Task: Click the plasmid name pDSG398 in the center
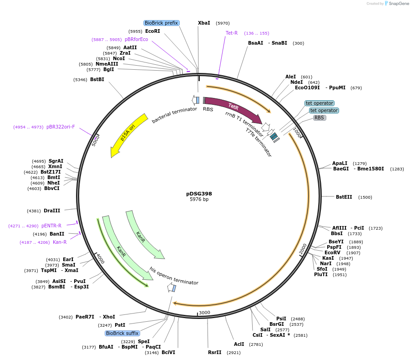coord(199,194)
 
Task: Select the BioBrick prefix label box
coord(161,23)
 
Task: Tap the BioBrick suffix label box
coord(122,333)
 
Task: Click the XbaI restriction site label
coord(204,23)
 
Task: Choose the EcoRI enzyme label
coord(152,31)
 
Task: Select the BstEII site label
coord(344,197)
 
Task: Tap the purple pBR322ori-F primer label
coord(61,127)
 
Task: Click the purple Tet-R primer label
coord(232,33)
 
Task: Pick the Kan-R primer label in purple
coord(60,242)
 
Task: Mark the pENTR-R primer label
coord(51,226)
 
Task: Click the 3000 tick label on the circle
coord(204,313)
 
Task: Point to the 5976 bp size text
coord(199,200)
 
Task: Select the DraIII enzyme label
coord(52,211)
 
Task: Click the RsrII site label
coord(214,352)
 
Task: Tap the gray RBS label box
coord(320,118)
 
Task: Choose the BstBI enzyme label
coord(97,79)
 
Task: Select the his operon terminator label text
coord(174,276)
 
